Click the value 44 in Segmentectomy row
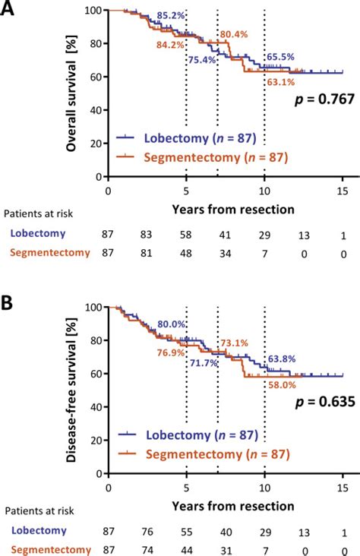click(187, 549)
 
